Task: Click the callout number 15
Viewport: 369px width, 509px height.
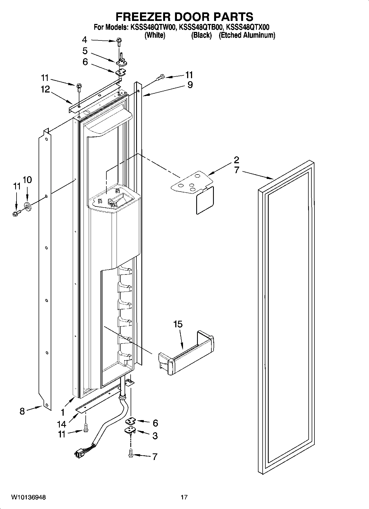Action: click(178, 324)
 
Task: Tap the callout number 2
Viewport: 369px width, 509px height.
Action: click(236, 160)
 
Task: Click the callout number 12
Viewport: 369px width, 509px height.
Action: click(45, 89)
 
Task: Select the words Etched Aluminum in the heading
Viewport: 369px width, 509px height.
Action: click(247, 35)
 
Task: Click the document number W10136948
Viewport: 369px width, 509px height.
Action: click(28, 497)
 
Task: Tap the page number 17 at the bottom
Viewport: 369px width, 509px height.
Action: click(184, 497)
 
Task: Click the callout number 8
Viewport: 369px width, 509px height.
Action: click(22, 411)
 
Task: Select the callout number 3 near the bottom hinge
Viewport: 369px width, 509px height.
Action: click(155, 436)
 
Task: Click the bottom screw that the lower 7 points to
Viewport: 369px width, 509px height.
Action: click(131, 456)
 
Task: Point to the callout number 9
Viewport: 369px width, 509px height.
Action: click(190, 85)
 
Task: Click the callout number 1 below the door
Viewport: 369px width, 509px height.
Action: click(63, 412)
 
